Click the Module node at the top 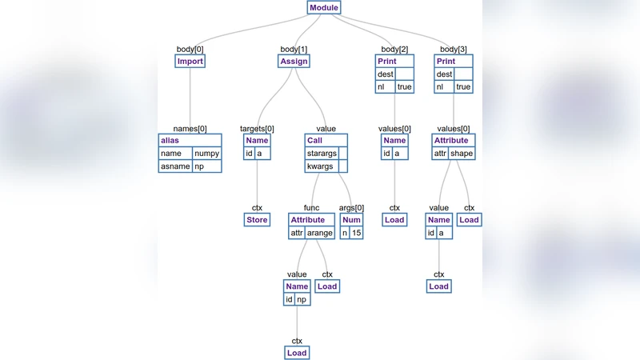pos(324,8)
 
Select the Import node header pos(190,61)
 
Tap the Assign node pos(294,61)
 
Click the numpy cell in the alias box pos(206,154)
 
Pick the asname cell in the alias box pos(176,166)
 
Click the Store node pos(257,220)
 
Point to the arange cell pos(320,233)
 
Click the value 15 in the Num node pos(357,233)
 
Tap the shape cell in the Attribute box pos(462,154)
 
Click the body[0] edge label pos(190,50)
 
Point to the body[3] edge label pos(454,50)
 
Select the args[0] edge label pos(352,208)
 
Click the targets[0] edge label pos(257,129)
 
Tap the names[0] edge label pos(190,129)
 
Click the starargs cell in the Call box pos(322,154)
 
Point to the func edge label pos(311,208)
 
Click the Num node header pos(352,220)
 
